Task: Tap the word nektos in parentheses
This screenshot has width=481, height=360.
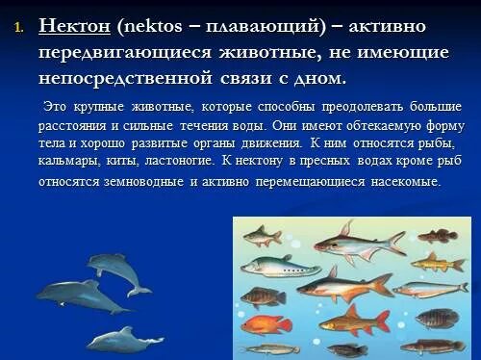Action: [x=149, y=26]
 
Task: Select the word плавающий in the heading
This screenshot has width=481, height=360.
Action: [x=259, y=26]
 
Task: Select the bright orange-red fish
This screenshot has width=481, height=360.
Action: [x=266, y=323]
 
